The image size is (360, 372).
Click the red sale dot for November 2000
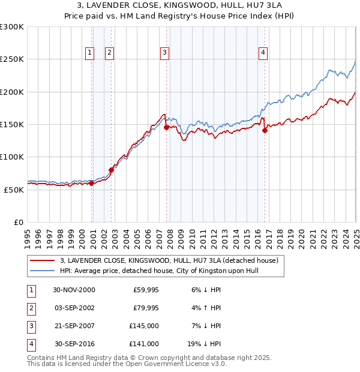point(92,184)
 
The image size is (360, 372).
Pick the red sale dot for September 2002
point(111,170)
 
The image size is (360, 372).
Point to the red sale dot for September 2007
point(166,127)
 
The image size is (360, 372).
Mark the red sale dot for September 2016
point(265,130)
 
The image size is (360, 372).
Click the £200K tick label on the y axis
point(12,92)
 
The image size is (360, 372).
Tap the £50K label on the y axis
point(14,190)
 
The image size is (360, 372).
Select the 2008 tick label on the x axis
point(170,235)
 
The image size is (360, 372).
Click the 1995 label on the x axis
point(28,235)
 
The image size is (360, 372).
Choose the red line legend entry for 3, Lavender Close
point(169,261)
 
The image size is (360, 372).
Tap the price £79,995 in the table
point(145,308)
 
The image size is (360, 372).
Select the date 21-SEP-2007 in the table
point(74,326)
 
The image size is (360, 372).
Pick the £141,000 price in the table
point(145,344)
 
